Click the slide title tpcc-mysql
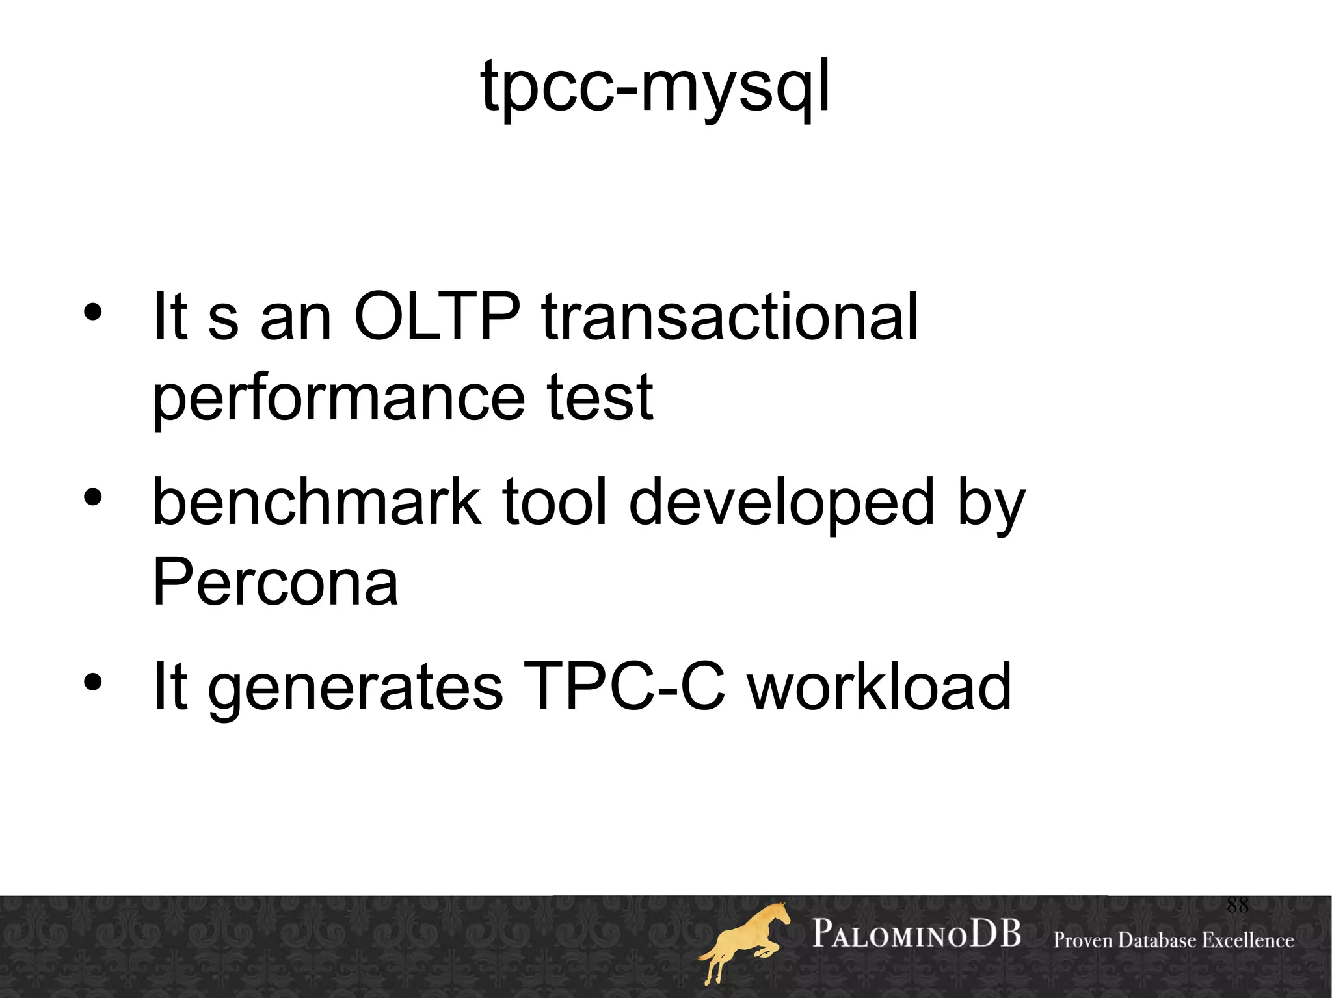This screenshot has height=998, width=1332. (x=655, y=88)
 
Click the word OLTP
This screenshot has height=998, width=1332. (x=436, y=317)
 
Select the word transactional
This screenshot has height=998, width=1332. (x=729, y=317)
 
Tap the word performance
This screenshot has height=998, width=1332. (x=338, y=398)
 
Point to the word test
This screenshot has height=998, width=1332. (x=599, y=398)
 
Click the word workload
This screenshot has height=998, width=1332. (x=879, y=686)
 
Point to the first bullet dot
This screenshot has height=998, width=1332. (x=92, y=313)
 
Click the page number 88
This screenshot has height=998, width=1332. (x=1237, y=904)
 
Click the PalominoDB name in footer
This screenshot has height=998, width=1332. (x=916, y=934)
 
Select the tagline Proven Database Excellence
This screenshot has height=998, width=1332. (x=1173, y=940)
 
